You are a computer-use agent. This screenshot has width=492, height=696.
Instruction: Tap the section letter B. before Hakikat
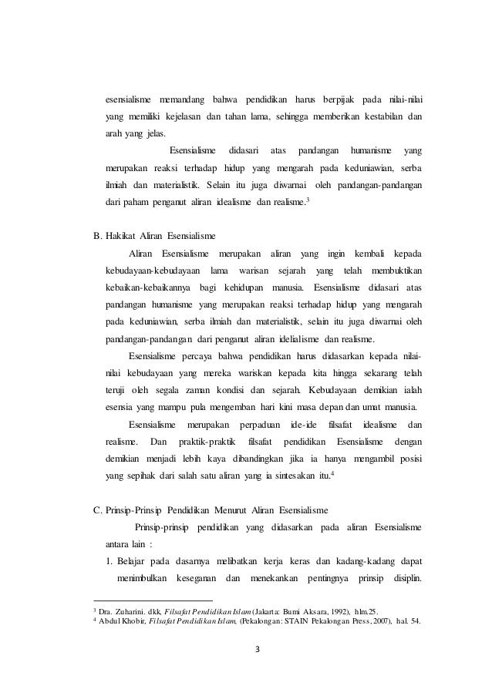tap(97, 234)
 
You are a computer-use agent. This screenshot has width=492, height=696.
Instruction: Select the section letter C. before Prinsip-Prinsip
tap(97, 509)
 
